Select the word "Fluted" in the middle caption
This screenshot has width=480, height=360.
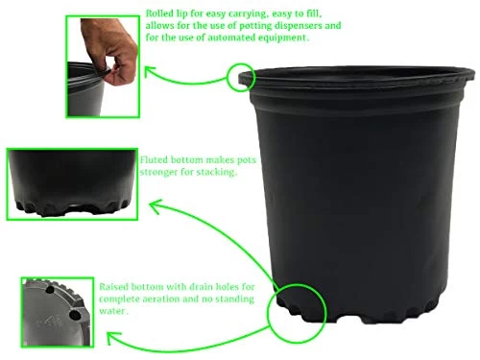pyautogui.click(x=156, y=160)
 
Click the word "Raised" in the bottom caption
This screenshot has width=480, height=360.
pyautogui.click(x=118, y=287)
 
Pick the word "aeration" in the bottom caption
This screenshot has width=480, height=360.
pyautogui.click(x=182, y=300)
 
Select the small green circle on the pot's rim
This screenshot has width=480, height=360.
pyautogui.click(x=241, y=77)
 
